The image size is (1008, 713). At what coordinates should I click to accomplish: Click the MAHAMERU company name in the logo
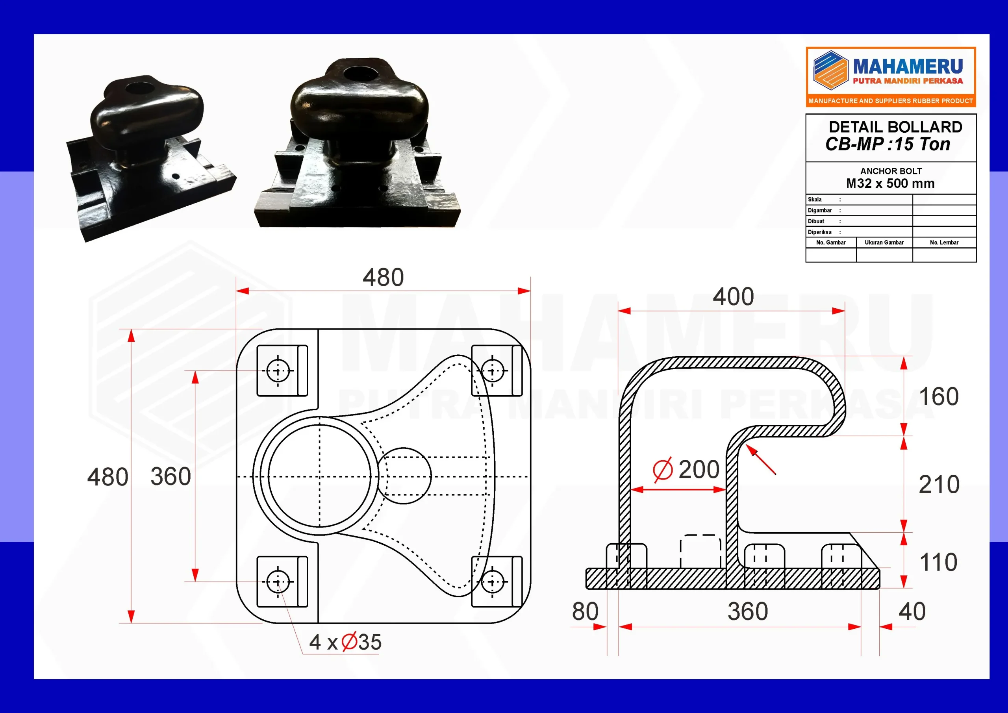point(908,67)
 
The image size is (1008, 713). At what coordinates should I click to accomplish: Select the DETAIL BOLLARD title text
point(895,127)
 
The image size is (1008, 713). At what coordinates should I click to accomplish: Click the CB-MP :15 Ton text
point(888,144)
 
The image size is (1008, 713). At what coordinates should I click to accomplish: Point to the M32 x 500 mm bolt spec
point(890,183)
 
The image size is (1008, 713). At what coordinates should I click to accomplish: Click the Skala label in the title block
point(814,199)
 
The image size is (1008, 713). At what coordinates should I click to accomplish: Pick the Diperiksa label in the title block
point(819,232)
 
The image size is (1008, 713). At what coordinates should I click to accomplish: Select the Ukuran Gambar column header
point(884,243)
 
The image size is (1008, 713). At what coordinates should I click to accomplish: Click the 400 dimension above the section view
point(733,296)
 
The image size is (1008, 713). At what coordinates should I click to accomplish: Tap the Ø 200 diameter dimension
point(686,469)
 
